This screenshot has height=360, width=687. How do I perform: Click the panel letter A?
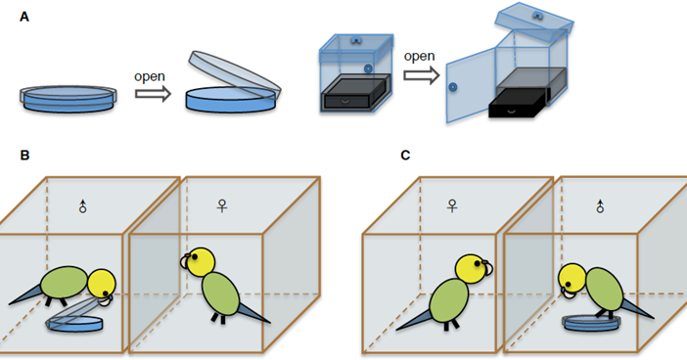(24, 17)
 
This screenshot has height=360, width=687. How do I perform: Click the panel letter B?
(24, 156)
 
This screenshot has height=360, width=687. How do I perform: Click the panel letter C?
(405, 156)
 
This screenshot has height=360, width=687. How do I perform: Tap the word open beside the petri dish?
(150, 76)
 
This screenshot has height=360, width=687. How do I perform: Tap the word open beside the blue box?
(419, 56)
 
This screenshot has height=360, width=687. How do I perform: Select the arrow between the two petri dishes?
(153, 94)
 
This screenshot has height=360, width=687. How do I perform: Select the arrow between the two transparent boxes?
(422, 75)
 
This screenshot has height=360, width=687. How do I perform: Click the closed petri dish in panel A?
(69, 99)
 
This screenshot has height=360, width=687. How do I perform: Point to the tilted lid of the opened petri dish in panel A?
(235, 74)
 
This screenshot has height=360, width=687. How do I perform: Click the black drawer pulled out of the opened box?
(519, 103)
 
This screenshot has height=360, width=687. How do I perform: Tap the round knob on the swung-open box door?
(453, 87)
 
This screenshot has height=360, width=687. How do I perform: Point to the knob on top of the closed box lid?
(356, 41)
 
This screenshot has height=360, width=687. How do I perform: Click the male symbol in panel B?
(83, 205)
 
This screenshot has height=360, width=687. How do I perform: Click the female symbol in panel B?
(222, 205)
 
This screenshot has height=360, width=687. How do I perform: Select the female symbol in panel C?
(452, 205)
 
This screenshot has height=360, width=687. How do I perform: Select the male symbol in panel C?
(600, 205)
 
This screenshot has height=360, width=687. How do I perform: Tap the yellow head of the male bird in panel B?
(102, 284)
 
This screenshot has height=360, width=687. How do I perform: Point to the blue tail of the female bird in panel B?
(253, 314)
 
